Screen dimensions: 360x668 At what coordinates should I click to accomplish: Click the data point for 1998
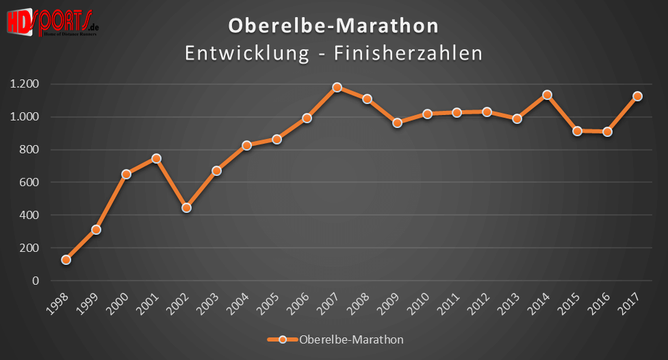[x=66, y=260]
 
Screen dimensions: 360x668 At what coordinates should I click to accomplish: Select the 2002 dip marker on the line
[x=186, y=207]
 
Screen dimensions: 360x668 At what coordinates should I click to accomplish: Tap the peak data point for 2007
[x=337, y=88]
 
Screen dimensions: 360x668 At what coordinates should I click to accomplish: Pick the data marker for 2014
[x=547, y=95]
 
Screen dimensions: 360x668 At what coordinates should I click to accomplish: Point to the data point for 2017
[x=637, y=97]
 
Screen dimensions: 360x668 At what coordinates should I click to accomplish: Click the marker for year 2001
[x=156, y=159]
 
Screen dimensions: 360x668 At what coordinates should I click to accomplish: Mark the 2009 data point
[x=397, y=123]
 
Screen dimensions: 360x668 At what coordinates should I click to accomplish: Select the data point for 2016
[x=607, y=131]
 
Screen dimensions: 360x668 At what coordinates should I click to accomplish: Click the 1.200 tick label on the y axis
[x=25, y=84]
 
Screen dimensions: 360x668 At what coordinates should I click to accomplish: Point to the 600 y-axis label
[x=29, y=183]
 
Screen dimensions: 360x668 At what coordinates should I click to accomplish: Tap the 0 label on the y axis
[x=36, y=281]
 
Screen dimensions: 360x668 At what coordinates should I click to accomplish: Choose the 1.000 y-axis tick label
[x=25, y=117]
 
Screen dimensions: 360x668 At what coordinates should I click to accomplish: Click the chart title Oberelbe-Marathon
[x=333, y=26]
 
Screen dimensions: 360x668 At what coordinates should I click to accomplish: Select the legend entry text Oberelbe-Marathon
[x=351, y=339]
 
